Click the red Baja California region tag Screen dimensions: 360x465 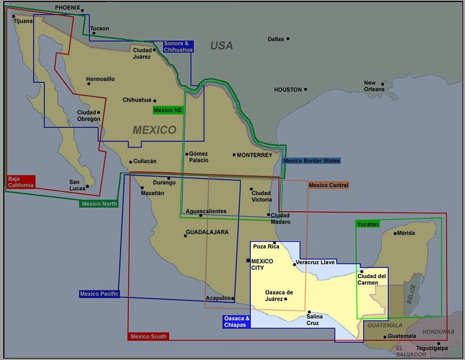pos(21,181)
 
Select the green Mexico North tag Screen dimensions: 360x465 pos(99,204)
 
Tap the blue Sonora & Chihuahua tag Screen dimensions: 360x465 pos(177,46)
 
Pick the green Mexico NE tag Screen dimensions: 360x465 pos(168,110)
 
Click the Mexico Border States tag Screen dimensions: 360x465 pos(311,161)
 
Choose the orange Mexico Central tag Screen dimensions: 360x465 pos(328,185)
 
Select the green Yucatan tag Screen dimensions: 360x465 pos(368,224)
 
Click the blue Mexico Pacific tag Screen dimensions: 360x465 pos(99,294)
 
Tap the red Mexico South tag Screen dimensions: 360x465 pos(148,336)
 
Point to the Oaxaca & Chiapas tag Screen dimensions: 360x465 pos(237,321)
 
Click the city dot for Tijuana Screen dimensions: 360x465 pos(14,17)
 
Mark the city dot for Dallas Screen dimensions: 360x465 pos(288,39)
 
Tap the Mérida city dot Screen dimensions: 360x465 pos(395,233)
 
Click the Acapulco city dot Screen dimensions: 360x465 pos(232,298)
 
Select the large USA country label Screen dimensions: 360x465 pos(221,45)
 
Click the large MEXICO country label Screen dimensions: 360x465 pos(155,130)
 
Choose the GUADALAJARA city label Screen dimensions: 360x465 pos(207,232)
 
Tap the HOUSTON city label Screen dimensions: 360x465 pos(288,90)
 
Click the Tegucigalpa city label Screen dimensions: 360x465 pos(432,348)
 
